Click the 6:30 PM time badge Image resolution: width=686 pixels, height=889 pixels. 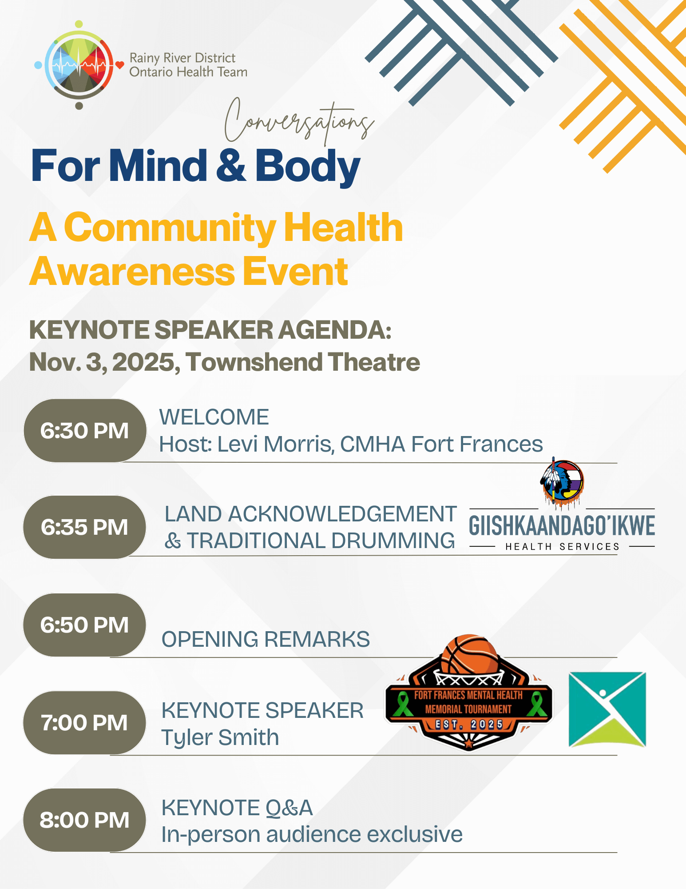pos(85,430)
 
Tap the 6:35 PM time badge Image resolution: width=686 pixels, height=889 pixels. pos(85,527)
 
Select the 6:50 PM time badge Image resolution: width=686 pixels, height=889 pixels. pos(85,625)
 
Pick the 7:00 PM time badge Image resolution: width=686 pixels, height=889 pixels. pos(85,723)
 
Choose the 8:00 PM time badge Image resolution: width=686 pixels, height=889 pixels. pos(85,820)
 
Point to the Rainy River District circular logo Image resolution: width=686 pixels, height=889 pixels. pos(79,65)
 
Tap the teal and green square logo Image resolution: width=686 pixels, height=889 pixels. pos(607,709)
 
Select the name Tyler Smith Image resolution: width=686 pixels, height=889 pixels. pos(220,737)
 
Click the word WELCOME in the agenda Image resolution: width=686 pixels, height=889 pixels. pos(214,417)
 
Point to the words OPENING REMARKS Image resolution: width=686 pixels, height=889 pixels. pos(266,639)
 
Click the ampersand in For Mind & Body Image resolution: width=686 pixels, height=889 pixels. pos(231,165)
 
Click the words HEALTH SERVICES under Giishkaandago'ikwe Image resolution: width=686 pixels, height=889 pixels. pos(562,547)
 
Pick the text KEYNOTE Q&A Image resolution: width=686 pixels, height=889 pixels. pos(237,808)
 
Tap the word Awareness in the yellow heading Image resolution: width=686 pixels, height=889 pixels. pos(132,272)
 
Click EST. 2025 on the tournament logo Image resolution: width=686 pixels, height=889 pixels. pos(469,725)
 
